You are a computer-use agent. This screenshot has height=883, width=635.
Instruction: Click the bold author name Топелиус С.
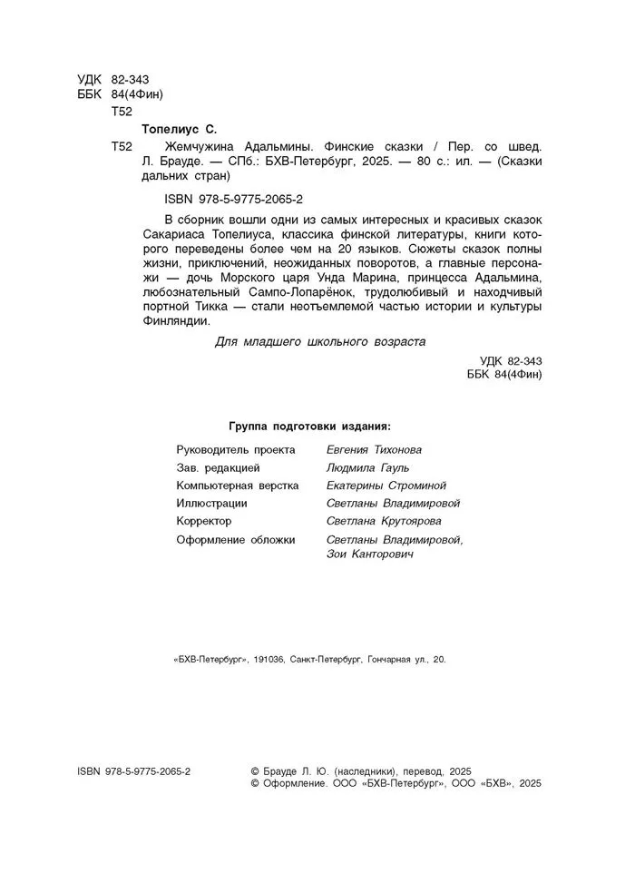180,129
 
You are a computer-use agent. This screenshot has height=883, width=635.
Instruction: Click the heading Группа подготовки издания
310,425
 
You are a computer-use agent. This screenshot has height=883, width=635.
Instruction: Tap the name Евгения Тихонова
373,449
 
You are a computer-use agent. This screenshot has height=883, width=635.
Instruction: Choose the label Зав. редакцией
219,467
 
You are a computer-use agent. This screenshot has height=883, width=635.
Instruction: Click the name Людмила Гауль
366,467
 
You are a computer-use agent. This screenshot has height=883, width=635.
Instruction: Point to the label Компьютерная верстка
238,486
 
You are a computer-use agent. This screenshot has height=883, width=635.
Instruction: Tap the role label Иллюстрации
211,503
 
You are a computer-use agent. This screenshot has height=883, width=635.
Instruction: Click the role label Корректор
204,521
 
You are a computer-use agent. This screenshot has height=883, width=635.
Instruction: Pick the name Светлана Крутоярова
385,521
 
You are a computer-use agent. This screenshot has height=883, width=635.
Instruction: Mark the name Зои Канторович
369,554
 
